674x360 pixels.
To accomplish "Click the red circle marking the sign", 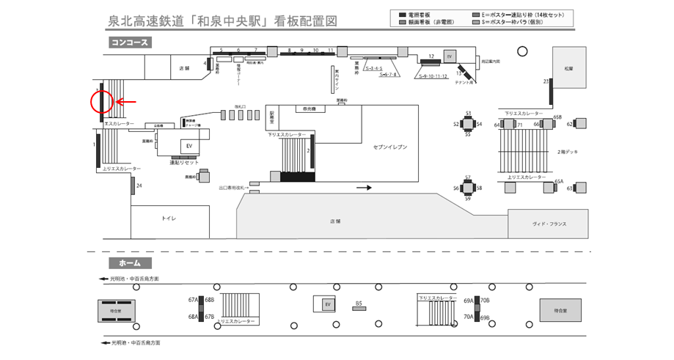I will tap(101, 102).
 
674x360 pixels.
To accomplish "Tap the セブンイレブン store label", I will tap(389, 147).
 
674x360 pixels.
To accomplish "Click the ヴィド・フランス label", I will tap(549, 224).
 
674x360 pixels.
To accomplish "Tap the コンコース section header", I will tap(130, 43).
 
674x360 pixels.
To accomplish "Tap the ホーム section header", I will tap(130, 262).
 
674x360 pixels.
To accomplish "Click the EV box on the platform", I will tap(328, 304).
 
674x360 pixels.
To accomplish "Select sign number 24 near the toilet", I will tap(139, 185).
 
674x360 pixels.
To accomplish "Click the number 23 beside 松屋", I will tap(546, 81).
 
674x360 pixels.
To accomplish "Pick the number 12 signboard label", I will tap(432, 56).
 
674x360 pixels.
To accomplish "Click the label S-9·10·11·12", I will tap(433, 76).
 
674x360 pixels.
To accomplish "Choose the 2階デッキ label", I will tap(568, 151).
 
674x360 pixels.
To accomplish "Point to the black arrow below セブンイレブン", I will tap(364, 188).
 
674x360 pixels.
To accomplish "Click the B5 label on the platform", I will tap(359, 303).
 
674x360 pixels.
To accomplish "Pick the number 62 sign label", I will tap(570, 124).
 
